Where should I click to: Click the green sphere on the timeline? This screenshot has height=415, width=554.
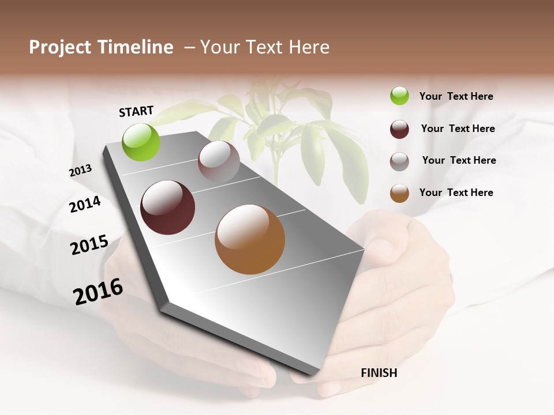pos(141,142)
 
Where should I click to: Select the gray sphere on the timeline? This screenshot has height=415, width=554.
pos(219,161)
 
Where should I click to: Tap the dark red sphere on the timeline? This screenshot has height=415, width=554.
pos(167,207)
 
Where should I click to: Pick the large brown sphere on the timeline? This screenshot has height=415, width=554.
pos(250,239)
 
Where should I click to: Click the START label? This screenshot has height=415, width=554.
pos(136,111)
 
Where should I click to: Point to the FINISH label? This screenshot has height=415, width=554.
pos(379,373)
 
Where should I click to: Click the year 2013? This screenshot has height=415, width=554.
pos(80,171)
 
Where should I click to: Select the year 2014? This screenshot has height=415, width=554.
pos(85,204)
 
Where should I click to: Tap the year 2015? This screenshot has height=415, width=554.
pos(89,245)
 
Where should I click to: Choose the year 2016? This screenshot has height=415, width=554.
pos(98,292)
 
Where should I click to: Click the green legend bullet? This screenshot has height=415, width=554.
pos(399,96)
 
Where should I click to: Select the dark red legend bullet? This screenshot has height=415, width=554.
pos(399,129)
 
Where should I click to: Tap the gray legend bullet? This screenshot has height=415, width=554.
pos(399,161)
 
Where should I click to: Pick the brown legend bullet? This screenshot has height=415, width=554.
pos(399,193)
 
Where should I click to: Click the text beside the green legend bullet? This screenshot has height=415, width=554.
pos(456,96)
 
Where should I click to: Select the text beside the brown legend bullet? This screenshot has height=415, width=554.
pos(456,193)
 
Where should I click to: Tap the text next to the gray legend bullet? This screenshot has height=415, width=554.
pos(459,160)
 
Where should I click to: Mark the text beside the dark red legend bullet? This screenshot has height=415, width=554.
pos(458,129)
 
